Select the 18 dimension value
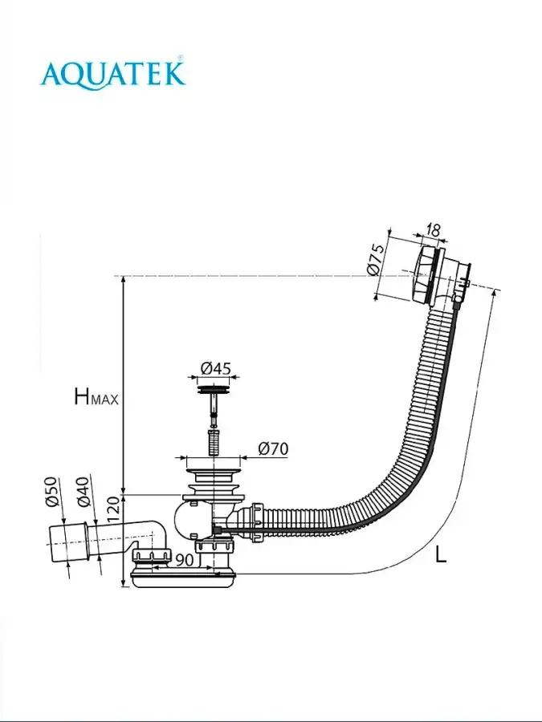point(432,230)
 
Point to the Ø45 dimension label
point(215,368)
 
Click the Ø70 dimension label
point(273,448)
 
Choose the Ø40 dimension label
point(83,492)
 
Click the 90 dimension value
point(184,560)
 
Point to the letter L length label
point(440,554)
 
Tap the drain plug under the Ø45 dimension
point(214,391)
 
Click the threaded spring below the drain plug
point(214,443)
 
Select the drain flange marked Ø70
point(213,464)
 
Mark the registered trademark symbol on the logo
point(180,57)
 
